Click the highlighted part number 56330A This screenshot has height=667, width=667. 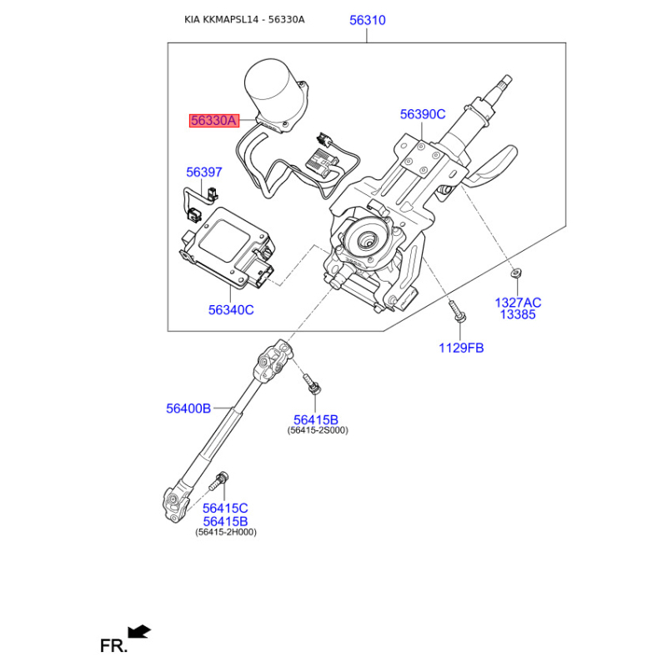[214, 121]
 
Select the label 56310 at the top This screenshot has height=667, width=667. [368, 20]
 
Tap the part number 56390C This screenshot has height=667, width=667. [423, 114]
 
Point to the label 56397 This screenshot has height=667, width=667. [204, 172]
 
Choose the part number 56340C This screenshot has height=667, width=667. [231, 309]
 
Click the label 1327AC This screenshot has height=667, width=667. [518, 303]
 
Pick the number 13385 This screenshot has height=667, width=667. [518, 314]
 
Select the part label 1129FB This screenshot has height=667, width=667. [461, 348]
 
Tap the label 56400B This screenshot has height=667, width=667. [188, 409]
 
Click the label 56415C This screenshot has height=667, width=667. [225, 508]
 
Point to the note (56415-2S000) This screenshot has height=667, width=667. [318, 430]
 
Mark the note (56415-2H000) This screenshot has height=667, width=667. [226, 532]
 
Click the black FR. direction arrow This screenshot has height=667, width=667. [139, 631]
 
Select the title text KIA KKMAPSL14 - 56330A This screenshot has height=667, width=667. [244, 19]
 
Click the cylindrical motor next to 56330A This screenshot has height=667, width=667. [273, 93]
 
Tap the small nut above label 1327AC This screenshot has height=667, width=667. [517, 273]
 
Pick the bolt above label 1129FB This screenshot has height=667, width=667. [457, 311]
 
